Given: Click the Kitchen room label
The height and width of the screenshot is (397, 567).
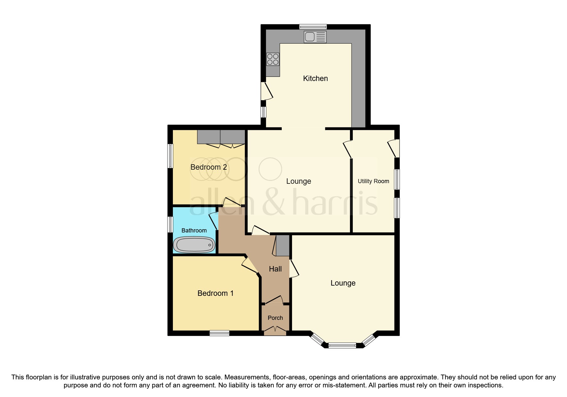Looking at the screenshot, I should point(315,78).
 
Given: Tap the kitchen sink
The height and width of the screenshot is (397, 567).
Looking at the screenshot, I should point(315,37).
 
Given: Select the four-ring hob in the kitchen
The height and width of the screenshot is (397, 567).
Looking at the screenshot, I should point(273,59).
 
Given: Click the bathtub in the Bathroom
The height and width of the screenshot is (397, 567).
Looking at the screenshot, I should point(194,245).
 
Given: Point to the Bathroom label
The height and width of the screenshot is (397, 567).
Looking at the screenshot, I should point(194,231).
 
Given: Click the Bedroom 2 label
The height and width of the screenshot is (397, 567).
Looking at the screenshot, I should point(209,167).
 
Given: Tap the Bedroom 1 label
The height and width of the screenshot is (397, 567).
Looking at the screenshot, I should point(215,293).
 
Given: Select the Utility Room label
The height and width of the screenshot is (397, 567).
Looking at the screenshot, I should point(373,181).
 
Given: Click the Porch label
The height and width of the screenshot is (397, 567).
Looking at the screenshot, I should point(275,318).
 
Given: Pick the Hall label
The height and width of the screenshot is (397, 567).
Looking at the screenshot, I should point(275,269).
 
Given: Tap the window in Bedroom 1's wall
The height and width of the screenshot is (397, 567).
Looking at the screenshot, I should point(220,333).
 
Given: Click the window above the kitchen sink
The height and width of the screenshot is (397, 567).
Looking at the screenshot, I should point(313,27).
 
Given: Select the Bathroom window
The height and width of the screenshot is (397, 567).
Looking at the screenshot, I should point(171,224).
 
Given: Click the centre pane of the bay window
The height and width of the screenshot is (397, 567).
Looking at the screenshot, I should point(342,345).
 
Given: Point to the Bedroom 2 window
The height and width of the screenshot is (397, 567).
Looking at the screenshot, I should point(171,156).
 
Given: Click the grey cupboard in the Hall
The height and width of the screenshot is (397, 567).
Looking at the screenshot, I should point(282,246).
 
